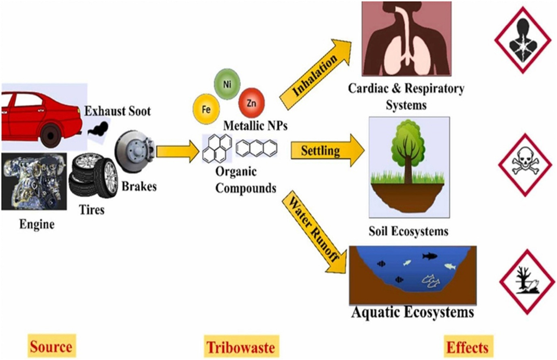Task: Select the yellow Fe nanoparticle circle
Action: pyautogui.click(x=206, y=109)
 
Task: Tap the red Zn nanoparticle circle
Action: pyautogui.click(x=251, y=99)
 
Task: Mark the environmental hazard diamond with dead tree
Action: pyautogui.click(x=526, y=282)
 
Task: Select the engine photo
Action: pyautogui.click(x=34, y=181)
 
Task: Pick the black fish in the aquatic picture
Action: pyautogui.click(x=429, y=256)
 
